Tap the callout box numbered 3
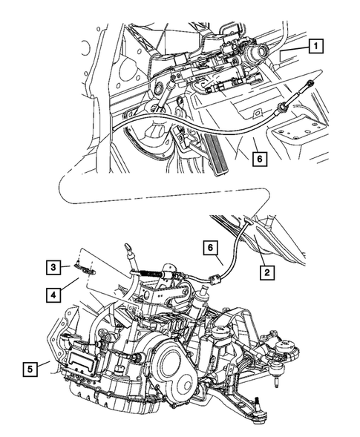(x=54, y=266)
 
